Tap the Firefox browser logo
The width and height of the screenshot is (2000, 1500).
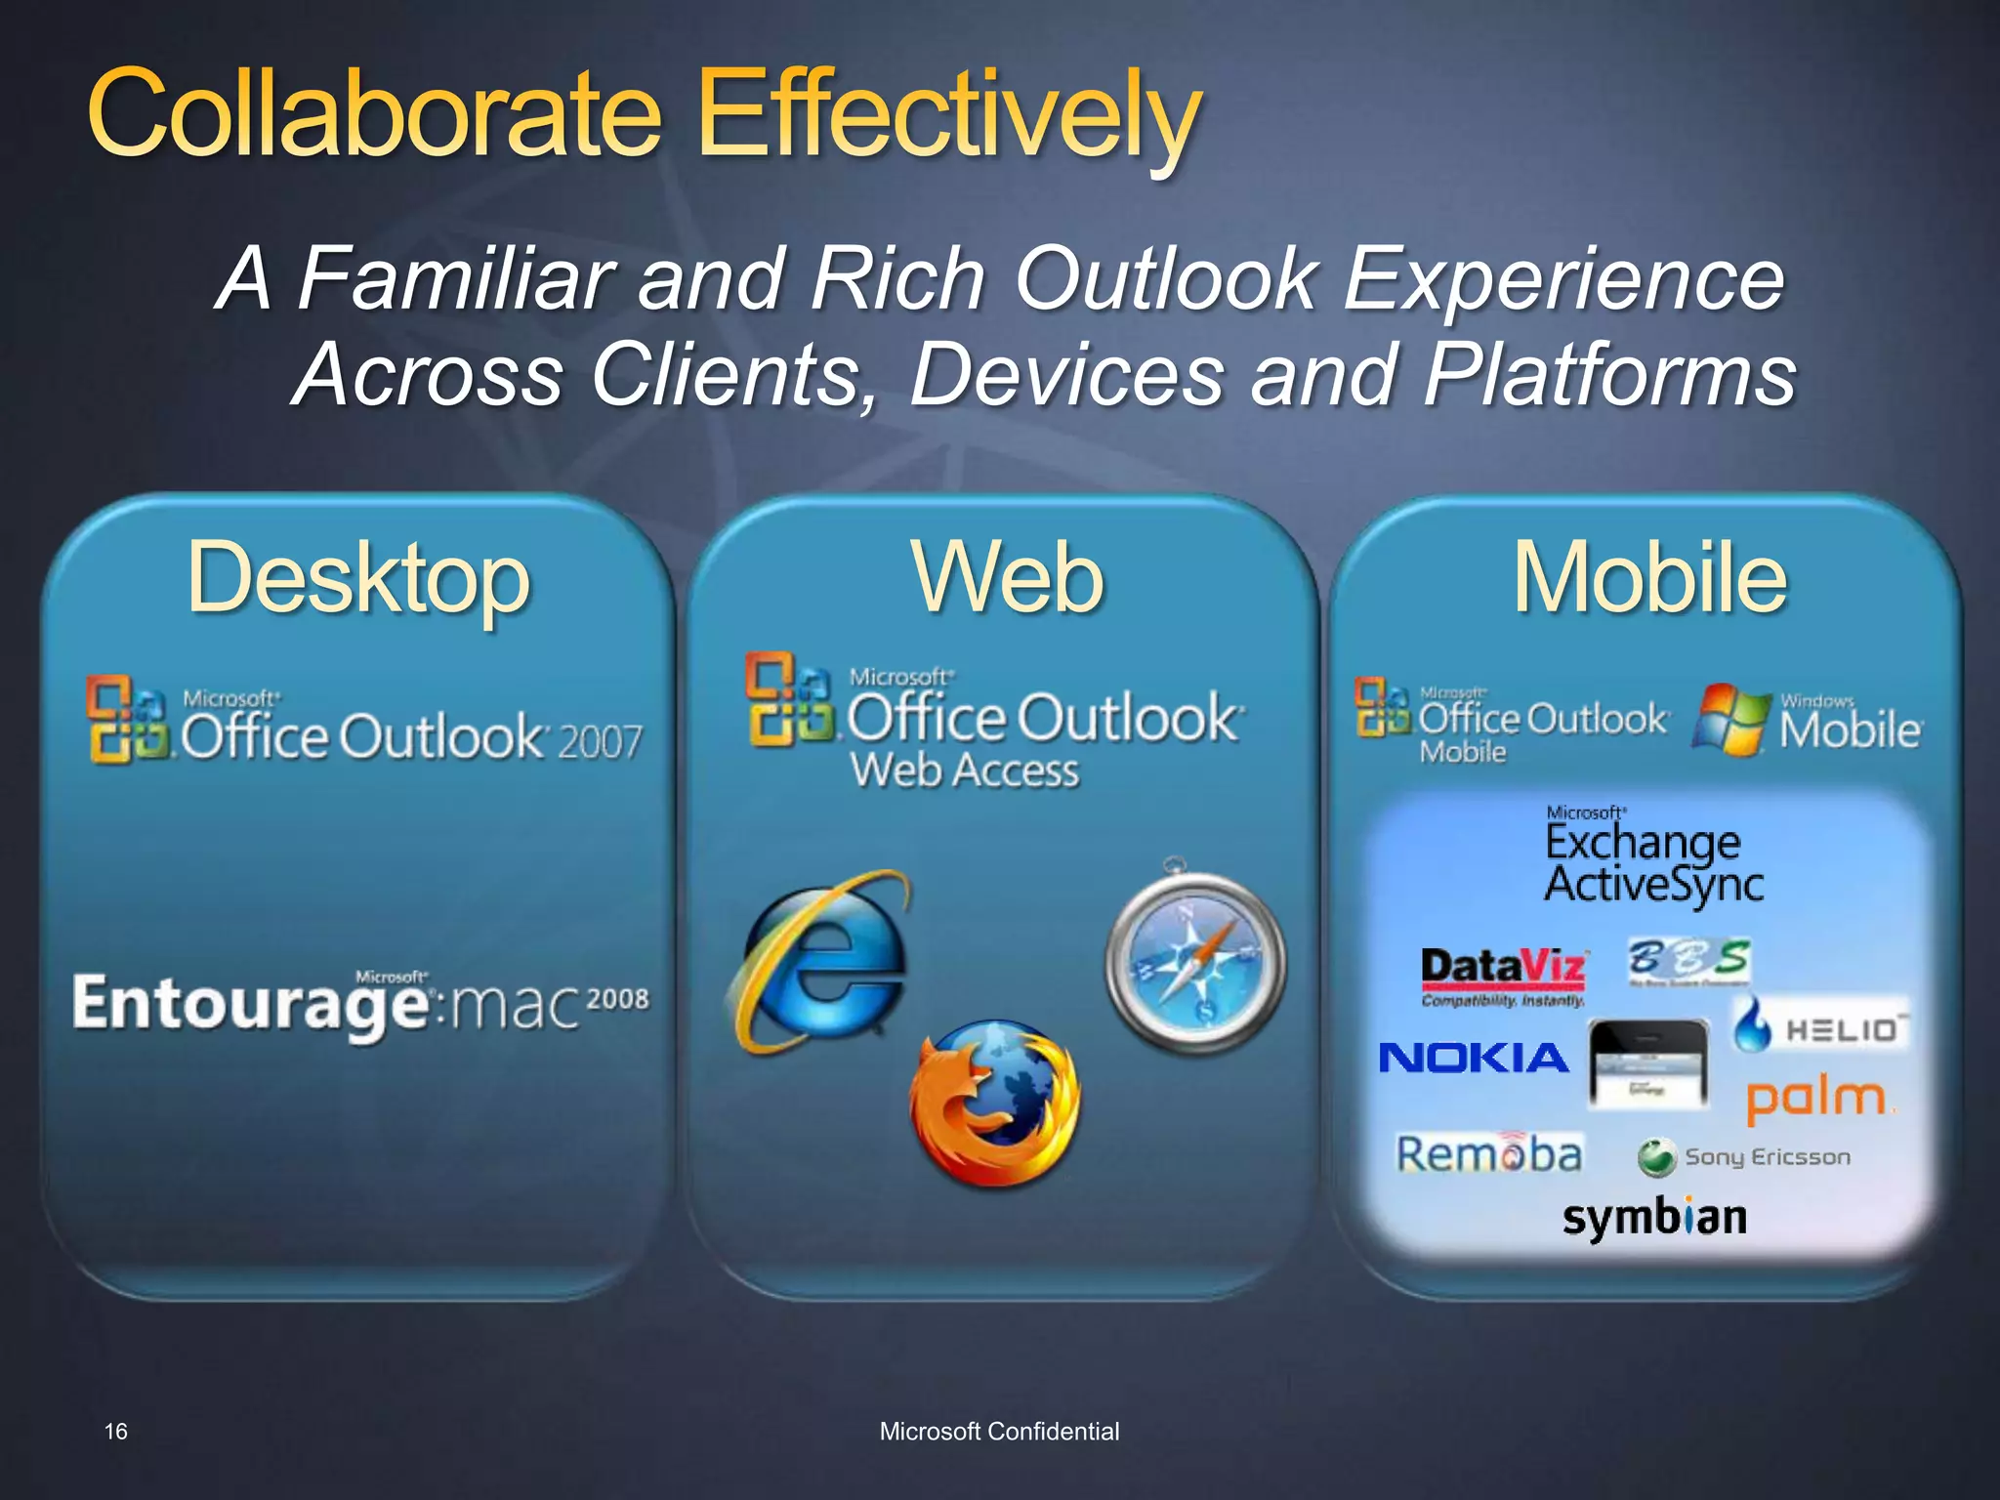[994, 1104]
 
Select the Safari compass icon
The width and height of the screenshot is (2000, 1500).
[1195, 962]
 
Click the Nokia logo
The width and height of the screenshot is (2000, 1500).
[1473, 1058]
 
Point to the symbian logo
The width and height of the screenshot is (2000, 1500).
[1654, 1217]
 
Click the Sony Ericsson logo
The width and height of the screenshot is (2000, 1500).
[1744, 1157]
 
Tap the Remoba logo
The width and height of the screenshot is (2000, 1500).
[1488, 1154]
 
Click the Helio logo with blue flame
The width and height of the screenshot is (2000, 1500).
[1818, 1027]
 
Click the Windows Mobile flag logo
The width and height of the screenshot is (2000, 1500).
[1730, 721]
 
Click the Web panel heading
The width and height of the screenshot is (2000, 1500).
[1008, 578]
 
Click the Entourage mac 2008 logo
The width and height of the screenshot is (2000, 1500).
[359, 1004]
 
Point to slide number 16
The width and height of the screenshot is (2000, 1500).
[115, 1432]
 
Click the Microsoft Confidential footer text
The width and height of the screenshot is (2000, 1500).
[999, 1432]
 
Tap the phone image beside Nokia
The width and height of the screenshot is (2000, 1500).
[1648, 1064]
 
